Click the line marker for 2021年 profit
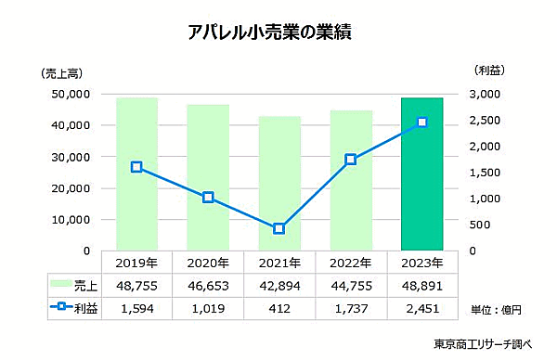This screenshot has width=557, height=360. pos(278,228)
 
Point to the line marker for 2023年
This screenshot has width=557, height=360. pos(421,122)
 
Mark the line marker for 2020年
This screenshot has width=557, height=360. pos(208,197)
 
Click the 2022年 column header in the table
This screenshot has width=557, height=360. pos(351,263)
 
